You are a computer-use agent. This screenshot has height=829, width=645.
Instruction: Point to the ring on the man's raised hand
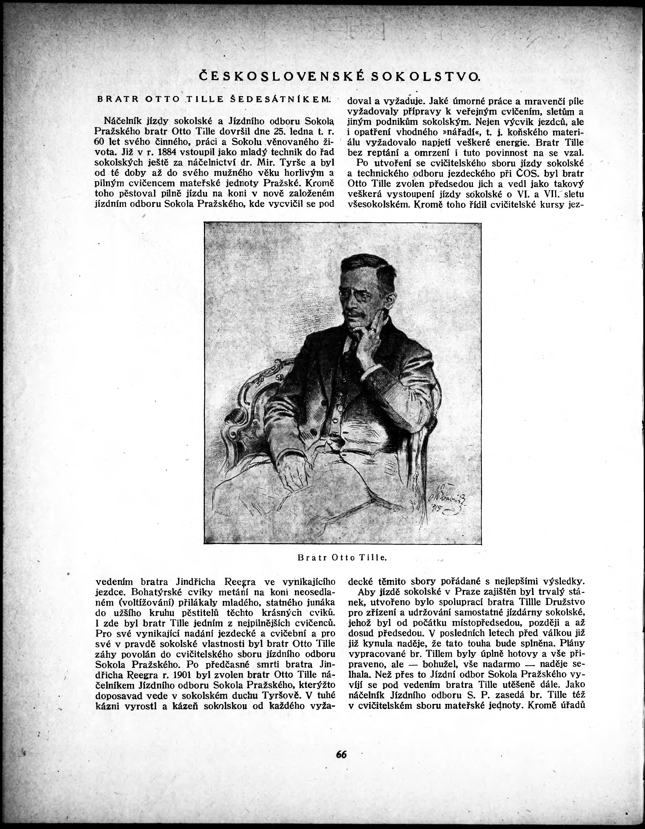tap(374, 330)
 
